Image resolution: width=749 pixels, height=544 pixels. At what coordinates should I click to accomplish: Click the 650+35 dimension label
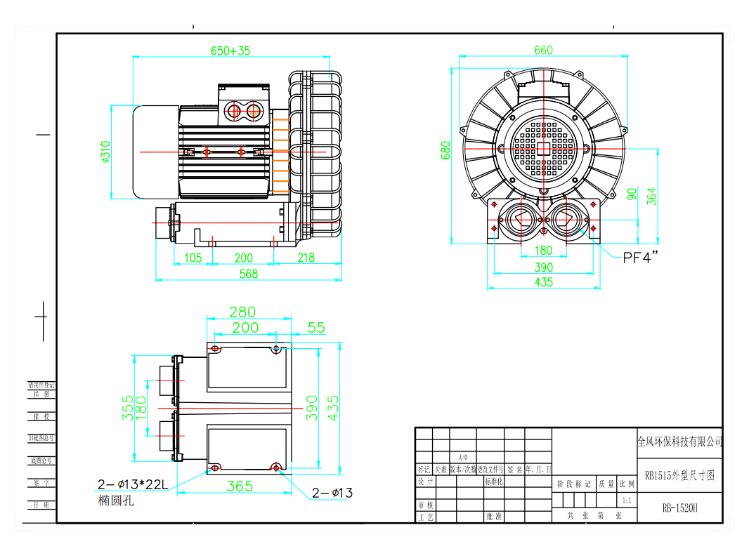[230, 51]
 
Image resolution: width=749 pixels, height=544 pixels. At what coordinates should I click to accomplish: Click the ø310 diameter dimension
[105, 152]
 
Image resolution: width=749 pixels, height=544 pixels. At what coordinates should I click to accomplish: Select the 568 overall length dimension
[249, 274]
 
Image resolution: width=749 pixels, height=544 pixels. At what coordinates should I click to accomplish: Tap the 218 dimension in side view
[306, 258]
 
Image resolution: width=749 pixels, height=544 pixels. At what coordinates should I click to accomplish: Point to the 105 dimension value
[193, 258]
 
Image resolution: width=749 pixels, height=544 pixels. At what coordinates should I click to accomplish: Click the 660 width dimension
[543, 50]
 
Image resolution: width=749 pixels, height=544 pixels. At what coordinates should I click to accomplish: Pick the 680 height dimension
[445, 150]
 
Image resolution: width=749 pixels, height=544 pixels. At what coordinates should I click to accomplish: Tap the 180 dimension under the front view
[543, 251]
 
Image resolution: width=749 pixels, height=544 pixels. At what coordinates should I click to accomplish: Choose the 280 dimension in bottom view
[242, 312]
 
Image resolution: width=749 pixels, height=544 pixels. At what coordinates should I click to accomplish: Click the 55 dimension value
[316, 327]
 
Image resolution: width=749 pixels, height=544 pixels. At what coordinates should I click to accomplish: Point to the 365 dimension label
[240, 486]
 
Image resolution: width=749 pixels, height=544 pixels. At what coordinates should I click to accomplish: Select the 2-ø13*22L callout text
[133, 484]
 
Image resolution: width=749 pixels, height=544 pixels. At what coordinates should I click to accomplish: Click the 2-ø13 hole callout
[332, 493]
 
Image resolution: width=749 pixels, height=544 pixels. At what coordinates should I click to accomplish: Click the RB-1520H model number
[679, 509]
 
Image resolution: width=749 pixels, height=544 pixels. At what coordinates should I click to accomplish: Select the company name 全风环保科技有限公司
[679, 442]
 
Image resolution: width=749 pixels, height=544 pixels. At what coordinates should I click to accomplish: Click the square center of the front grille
[543, 149]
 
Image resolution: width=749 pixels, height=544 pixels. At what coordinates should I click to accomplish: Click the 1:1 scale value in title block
[626, 500]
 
